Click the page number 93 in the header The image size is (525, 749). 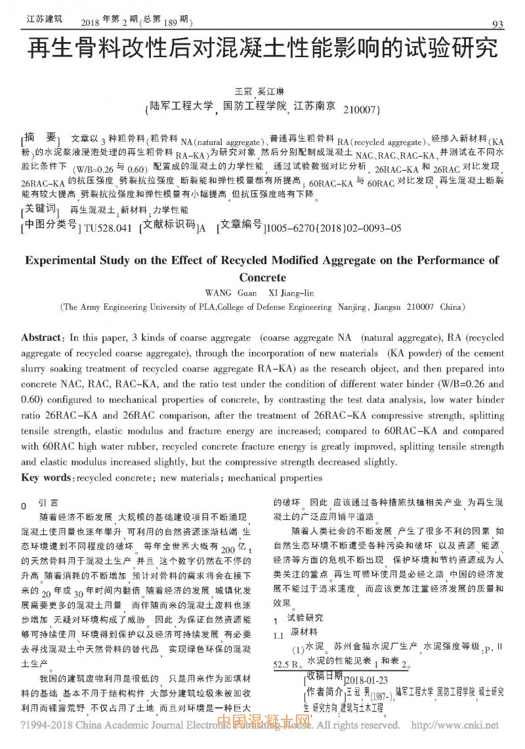tap(497, 25)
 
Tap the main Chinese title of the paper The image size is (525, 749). tap(262, 51)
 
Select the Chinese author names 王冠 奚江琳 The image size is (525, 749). tap(263, 91)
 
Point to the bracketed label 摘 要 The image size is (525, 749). tap(41, 138)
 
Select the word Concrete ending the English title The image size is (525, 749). tap(262, 277)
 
